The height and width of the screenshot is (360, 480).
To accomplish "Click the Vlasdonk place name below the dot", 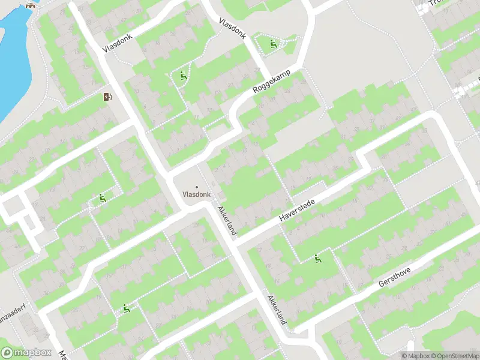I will (196, 195).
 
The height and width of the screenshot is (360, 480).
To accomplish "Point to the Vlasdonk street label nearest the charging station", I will (117, 41).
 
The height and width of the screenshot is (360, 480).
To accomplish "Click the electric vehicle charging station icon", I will (108, 97).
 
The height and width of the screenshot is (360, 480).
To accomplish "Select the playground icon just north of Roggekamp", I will (273, 43).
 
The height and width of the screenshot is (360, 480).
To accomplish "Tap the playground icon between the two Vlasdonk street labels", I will (183, 76).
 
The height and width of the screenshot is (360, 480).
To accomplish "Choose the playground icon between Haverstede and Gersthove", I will (317, 259).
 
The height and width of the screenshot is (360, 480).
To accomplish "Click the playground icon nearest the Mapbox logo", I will (126, 308).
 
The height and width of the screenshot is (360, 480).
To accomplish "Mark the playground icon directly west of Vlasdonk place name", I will (103, 199).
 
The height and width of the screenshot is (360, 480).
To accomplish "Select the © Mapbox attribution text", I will (415, 356).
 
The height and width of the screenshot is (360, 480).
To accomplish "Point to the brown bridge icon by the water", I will (30, 6).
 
